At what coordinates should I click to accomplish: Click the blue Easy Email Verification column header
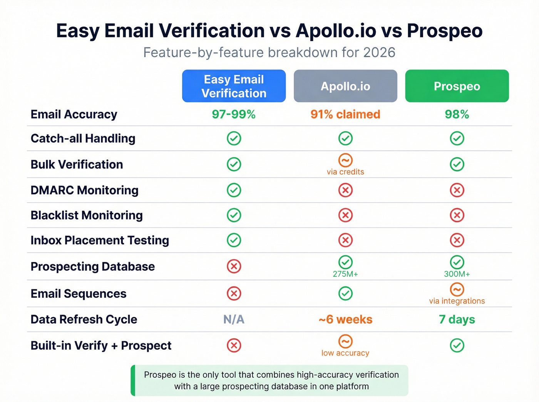coord(234,86)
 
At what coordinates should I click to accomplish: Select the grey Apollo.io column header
coord(345,86)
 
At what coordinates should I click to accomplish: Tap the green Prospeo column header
coord(457,86)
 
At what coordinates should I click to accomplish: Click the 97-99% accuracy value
coord(234,114)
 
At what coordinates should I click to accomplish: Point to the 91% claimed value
coord(345,114)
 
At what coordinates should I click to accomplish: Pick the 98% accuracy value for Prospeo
coord(457,114)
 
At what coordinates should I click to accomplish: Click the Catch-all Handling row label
coord(83,138)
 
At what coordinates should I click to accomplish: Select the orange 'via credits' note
coord(345,172)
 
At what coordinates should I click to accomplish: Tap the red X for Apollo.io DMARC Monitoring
coord(345,190)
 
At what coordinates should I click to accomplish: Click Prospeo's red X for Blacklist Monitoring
coord(457,215)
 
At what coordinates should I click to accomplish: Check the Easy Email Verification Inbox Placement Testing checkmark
coord(234,240)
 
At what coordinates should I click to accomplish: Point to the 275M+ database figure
coord(345,274)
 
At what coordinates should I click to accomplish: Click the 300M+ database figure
coord(457,274)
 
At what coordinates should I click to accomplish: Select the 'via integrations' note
coord(457,301)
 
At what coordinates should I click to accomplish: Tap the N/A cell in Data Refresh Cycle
coord(234,319)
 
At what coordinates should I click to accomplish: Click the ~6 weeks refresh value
coord(345,319)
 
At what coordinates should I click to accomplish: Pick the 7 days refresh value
coord(457,319)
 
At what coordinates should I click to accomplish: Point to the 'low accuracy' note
coord(345,353)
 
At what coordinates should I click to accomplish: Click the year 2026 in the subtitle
coord(379,52)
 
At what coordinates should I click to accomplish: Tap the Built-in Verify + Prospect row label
coord(101,345)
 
